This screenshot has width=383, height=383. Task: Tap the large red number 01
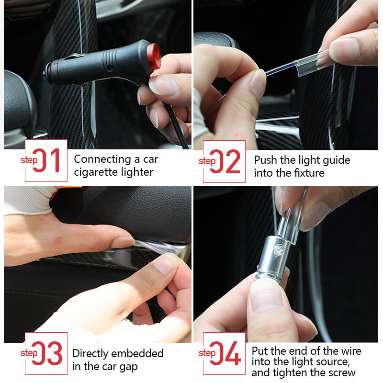(x=46, y=161)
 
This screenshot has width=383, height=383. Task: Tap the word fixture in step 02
(x=308, y=172)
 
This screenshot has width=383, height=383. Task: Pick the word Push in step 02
(x=265, y=159)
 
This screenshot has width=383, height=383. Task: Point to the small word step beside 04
(x=207, y=353)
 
